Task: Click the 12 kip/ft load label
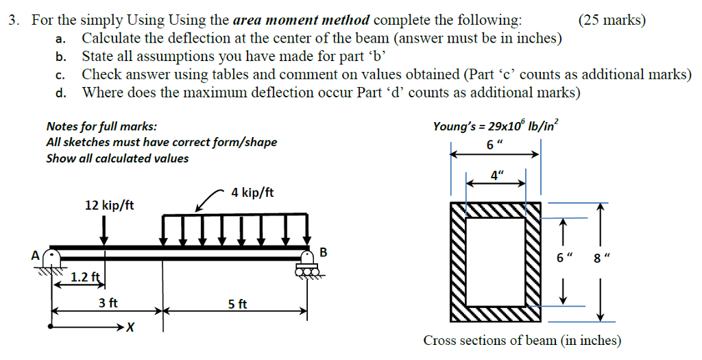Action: click(x=109, y=205)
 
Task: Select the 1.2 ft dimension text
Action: click(x=86, y=278)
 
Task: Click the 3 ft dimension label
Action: click(x=108, y=302)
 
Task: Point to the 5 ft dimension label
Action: click(x=237, y=303)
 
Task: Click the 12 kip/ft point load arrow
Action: click(x=104, y=229)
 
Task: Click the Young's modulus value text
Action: click(x=496, y=125)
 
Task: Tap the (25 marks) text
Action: click(x=612, y=20)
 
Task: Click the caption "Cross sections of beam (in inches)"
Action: click(x=522, y=341)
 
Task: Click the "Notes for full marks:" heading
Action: click(x=101, y=126)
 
